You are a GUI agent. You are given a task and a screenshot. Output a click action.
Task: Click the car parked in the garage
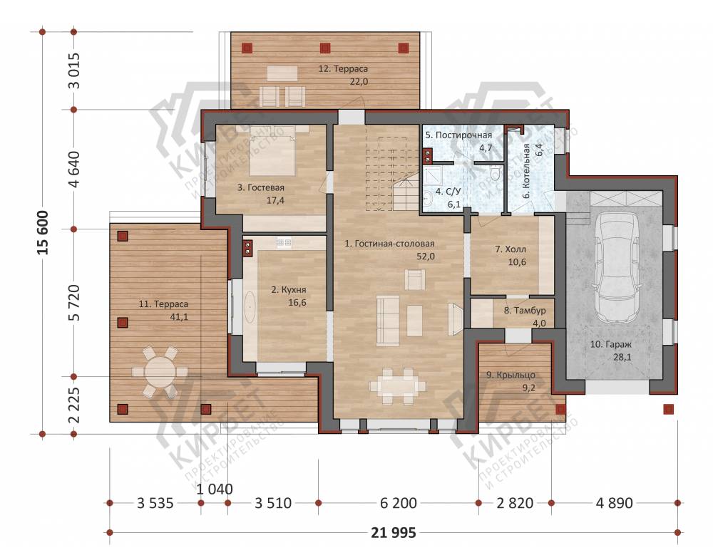[620, 267]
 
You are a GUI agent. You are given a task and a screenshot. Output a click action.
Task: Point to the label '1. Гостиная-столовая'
[389, 244]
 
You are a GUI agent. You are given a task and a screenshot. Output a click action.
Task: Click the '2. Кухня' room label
[289, 289]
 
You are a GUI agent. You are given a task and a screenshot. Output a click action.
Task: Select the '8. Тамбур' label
[525, 311]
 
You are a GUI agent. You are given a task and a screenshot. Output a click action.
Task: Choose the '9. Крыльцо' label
[511, 375]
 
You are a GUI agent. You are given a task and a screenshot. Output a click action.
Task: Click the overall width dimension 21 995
[394, 532]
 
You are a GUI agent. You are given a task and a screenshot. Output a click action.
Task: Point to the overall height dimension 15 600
[43, 232]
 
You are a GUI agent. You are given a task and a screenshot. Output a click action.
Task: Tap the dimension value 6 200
[399, 503]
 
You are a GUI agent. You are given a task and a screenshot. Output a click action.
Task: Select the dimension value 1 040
[215, 489]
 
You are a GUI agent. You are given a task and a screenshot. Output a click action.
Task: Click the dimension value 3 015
[76, 71]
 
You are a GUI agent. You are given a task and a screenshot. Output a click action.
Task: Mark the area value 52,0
[426, 256]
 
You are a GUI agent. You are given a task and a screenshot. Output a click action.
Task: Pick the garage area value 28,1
[622, 357]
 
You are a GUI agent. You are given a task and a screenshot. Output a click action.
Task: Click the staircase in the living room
[392, 173]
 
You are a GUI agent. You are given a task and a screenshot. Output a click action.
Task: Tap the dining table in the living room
[398, 386]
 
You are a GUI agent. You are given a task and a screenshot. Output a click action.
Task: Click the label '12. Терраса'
[343, 68]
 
